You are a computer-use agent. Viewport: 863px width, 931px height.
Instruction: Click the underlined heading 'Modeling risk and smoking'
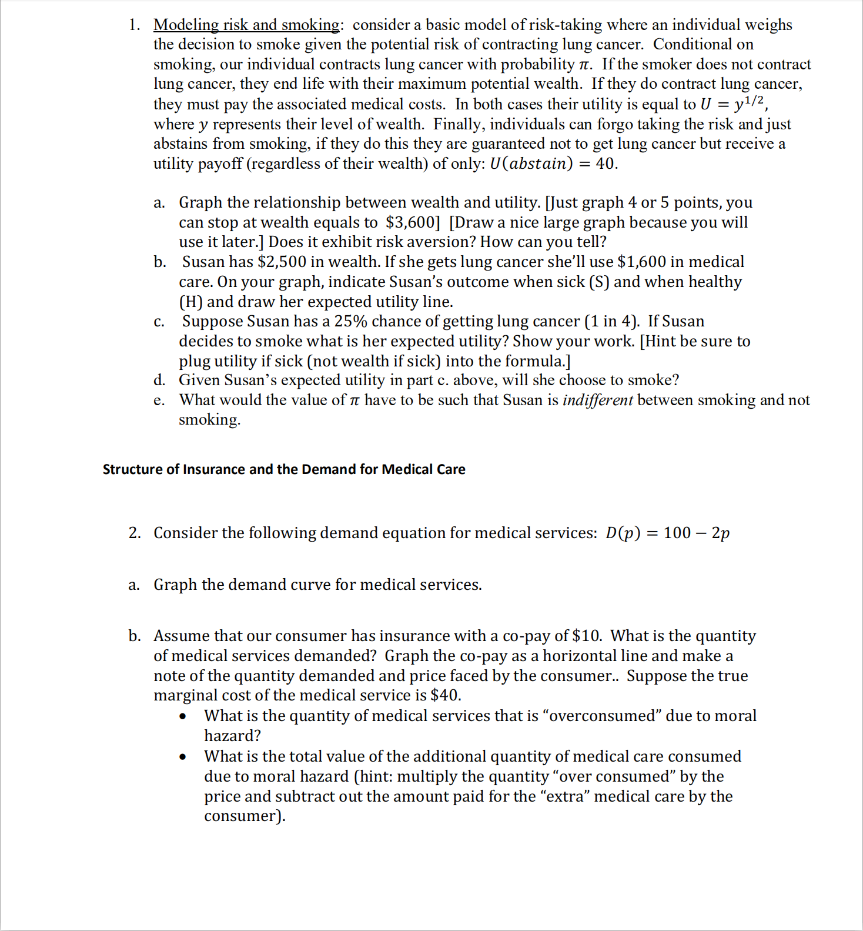pyautogui.click(x=246, y=25)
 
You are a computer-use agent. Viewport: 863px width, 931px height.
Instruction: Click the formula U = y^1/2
pyautogui.click(x=734, y=104)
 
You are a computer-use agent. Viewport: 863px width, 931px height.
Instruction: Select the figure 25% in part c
pyautogui.click(x=350, y=322)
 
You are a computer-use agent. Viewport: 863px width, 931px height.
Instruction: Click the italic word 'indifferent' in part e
pyautogui.click(x=597, y=401)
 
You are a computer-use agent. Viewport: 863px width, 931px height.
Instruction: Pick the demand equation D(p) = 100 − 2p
pyautogui.click(x=667, y=533)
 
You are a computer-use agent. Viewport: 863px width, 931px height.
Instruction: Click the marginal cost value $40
pyautogui.click(x=444, y=695)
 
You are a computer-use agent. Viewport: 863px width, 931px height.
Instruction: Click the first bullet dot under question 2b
pyautogui.click(x=183, y=716)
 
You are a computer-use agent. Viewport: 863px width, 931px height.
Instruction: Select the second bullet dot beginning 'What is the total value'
pyautogui.click(x=183, y=757)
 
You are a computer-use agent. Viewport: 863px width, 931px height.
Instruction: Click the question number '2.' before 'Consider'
pyautogui.click(x=135, y=533)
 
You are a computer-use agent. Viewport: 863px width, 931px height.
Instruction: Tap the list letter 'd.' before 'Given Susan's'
pyautogui.click(x=159, y=381)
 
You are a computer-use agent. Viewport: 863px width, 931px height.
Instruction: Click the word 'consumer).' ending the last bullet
pyautogui.click(x=245, y=816)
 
